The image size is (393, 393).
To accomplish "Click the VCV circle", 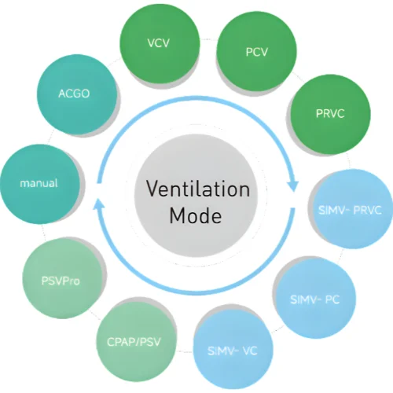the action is click(160, 43).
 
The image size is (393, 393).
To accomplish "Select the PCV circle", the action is click(257, 51).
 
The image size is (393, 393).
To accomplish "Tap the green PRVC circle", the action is click(331, 114).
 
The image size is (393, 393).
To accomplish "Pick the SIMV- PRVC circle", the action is click(351, 209).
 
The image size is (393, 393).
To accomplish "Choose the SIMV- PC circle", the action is click(316, 299).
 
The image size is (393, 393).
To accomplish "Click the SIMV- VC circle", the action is click(233, 350).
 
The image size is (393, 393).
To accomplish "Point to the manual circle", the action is click(40, 184).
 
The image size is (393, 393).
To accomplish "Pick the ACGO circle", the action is click(77, 94).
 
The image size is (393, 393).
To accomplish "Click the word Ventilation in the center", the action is click(198, 189).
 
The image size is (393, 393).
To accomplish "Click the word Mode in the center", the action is click(196, 215).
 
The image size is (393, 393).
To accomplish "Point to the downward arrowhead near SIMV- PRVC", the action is click(293, 185).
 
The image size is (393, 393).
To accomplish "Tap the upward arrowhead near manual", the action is click(99, 204).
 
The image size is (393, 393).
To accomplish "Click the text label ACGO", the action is click(74, 94).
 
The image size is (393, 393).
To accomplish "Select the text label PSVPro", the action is click(61, 281).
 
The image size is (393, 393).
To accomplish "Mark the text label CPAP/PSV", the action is click(134, 342).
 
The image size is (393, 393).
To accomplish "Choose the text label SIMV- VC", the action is click(233, 351).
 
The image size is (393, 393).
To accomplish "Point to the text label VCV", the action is click(158, 43).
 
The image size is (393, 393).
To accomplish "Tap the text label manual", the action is click(39, 183).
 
